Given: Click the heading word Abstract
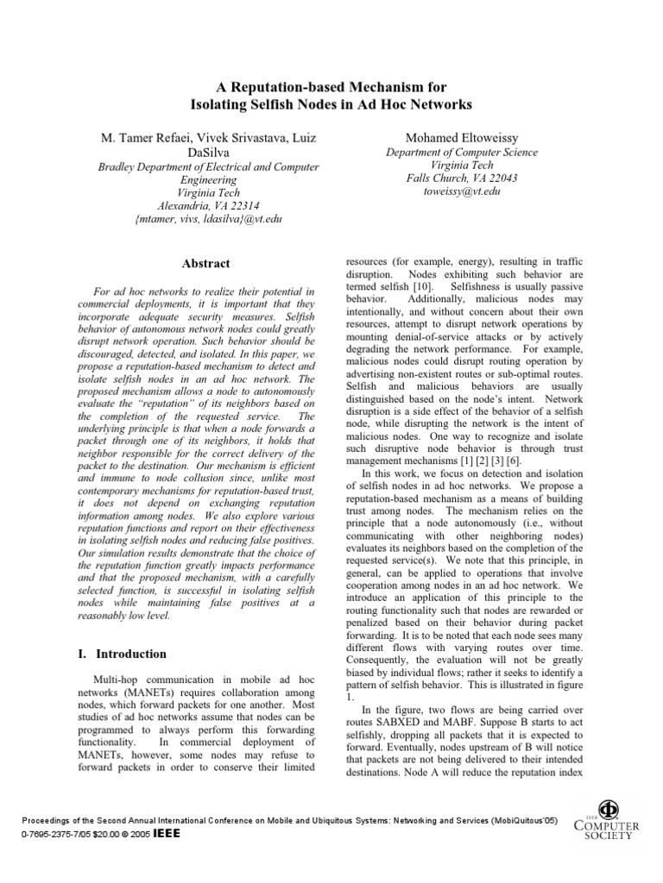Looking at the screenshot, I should pyautogui.click(x=206, y=263).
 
